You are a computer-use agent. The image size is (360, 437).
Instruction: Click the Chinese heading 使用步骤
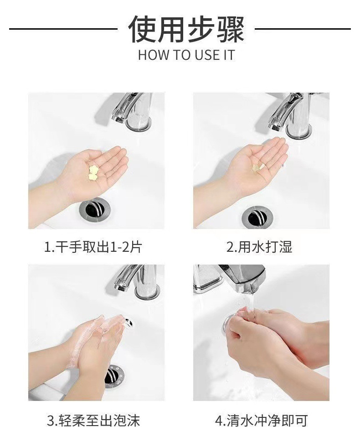[x=186, y=29]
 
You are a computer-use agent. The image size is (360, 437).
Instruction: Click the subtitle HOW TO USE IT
[x=186, y=55]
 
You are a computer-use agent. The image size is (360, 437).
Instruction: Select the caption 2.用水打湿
[x=259, y=247]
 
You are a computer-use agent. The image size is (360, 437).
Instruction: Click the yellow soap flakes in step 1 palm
[x=92, y=172]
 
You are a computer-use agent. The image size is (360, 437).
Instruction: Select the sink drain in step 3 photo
[x=114, y=376]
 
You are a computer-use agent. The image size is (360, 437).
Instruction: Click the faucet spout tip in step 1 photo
[x=117, y=119]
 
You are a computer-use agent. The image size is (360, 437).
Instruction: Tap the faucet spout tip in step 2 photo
[x=275, y=127]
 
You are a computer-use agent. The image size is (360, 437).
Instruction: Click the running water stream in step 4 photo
[x=252, y=307]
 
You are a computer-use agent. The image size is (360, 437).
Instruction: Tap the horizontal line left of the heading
[x=63, y=29]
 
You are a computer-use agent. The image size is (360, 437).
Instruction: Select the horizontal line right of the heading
[x=303, y=29]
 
